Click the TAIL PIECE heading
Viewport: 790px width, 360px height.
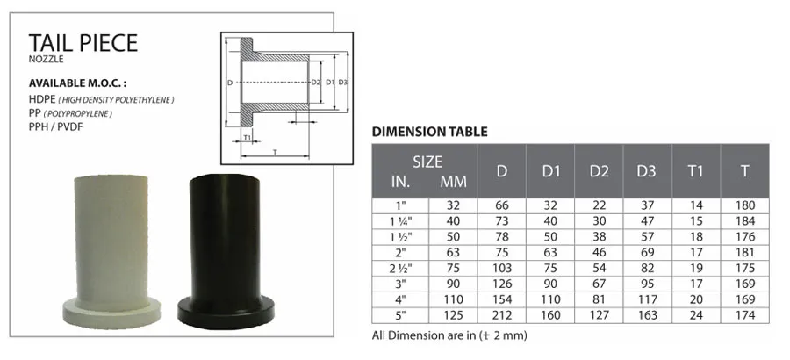point(83,43)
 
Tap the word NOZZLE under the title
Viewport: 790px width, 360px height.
point(47,60)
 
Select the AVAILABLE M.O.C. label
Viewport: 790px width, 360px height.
point(77,83)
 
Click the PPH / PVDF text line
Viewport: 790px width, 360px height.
point(55,127)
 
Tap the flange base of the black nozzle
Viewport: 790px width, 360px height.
point(226,313)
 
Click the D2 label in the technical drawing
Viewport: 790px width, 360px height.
point(316,83)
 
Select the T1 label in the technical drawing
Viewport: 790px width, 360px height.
point(247,137)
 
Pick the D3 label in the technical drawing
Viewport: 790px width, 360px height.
point(342,83)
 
